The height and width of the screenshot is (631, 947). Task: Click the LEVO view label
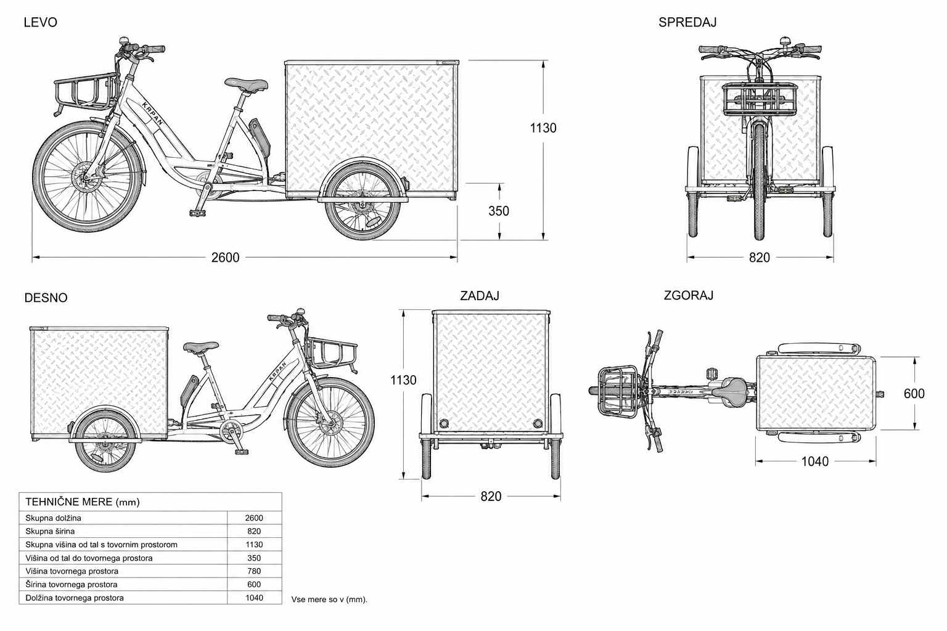point(40,22)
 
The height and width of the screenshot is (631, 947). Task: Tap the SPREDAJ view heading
point(687,22)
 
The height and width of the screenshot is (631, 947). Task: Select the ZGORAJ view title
point(688,295)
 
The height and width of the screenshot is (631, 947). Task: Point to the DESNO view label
point(46,298)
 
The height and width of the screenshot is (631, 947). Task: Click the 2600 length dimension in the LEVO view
point(225,258)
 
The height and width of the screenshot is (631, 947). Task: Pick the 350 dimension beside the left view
point(498,211)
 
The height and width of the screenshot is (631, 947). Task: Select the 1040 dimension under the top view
point(814,461)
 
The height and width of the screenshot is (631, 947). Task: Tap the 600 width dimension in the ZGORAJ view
point(914,394)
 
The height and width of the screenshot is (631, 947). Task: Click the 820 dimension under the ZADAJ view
point(491,496)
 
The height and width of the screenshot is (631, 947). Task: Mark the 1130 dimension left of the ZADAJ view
point(403,380)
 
